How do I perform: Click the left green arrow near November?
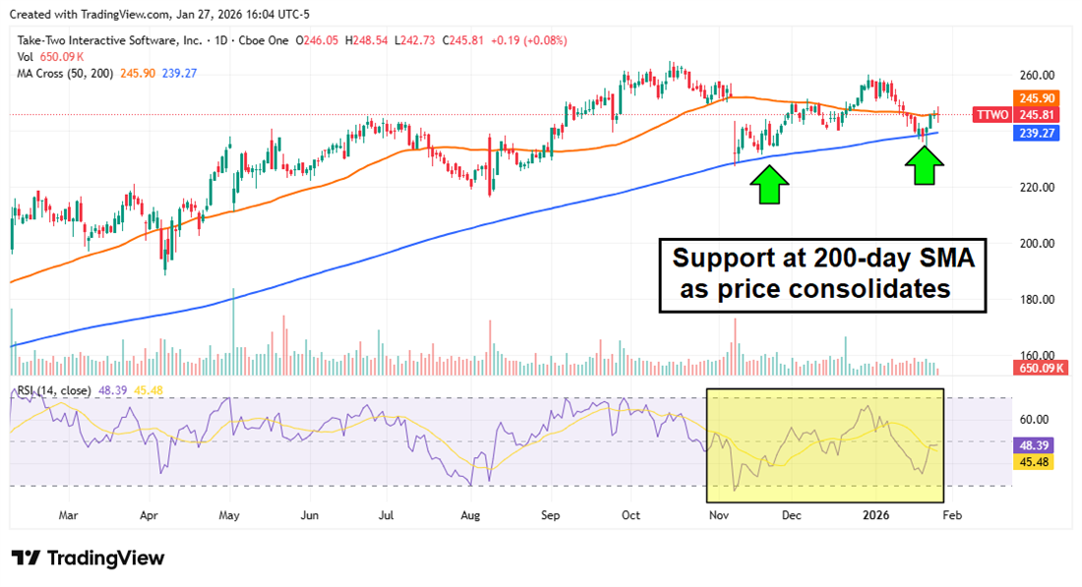770,184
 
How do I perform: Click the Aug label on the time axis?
471,514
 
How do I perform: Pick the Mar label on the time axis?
68,514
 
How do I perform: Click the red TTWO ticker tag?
990,115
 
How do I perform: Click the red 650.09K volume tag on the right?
1036,368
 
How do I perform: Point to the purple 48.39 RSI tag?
1038,444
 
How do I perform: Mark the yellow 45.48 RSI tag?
1038,460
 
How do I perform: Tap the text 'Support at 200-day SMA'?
821,260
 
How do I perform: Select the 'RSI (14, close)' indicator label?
52,391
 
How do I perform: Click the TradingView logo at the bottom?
89,558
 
